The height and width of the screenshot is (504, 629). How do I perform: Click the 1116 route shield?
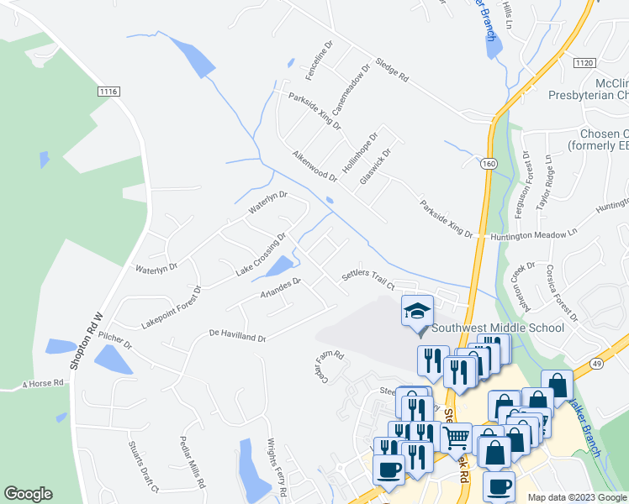tap(108, 92)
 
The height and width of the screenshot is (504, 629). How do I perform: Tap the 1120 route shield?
tap(585, 64)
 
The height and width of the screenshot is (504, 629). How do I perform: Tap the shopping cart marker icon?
tap(457, 437)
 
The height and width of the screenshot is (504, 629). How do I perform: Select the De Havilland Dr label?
tap(237, 336)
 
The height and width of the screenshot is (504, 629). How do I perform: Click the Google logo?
tap(28, 494)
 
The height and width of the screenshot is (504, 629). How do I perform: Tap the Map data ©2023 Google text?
tap(577, 497)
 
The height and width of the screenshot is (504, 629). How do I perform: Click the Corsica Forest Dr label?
tap(562, 298)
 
